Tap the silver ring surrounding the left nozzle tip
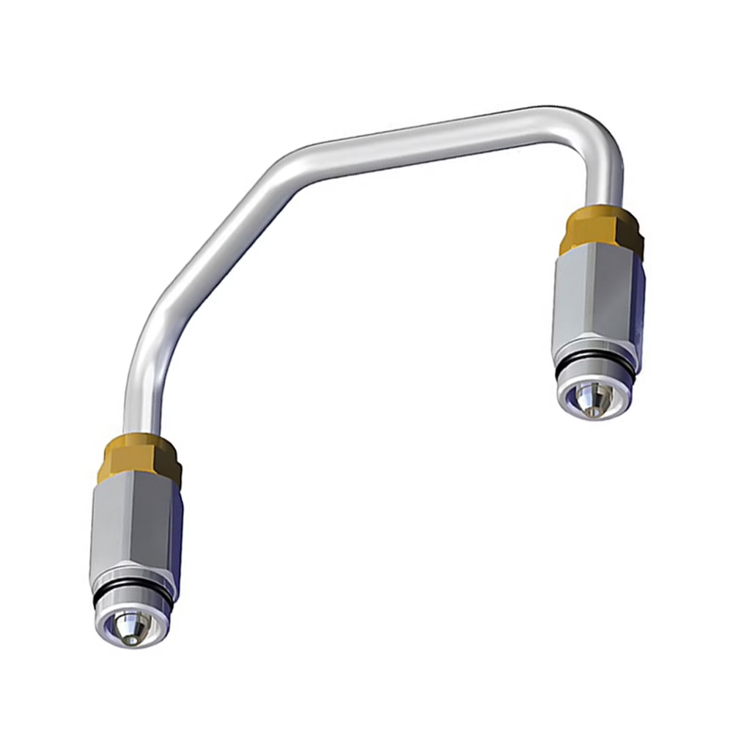tap(110, 627)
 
